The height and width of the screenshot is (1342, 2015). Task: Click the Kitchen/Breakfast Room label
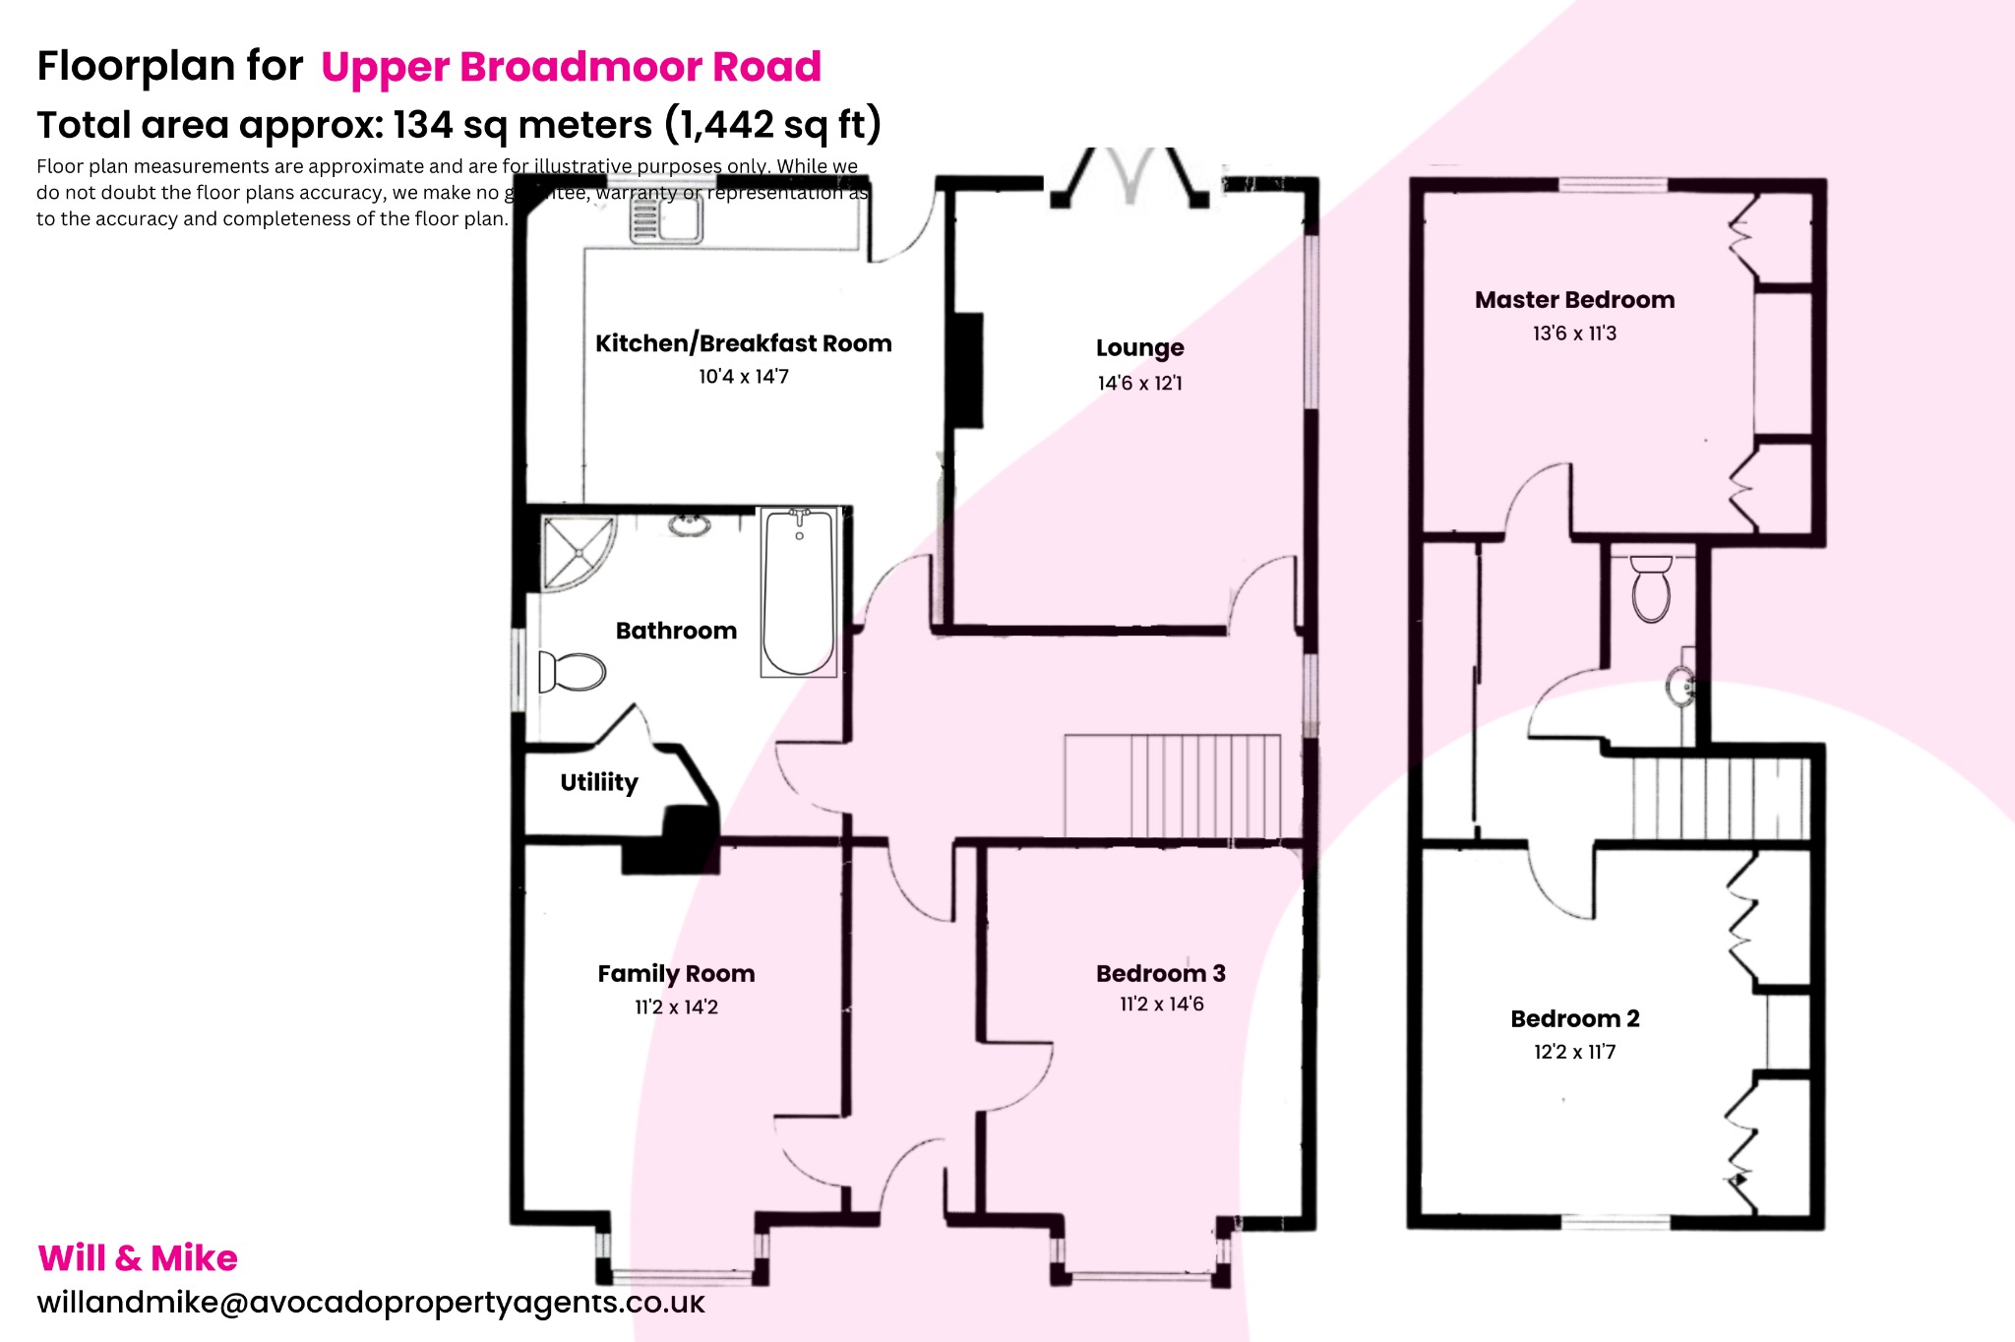tap(743, 343)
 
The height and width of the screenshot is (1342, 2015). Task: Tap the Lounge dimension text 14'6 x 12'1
tap(1139, 383)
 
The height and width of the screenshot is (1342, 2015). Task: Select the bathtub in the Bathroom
tap(799, 592)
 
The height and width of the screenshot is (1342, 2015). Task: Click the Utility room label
tap(598, 782)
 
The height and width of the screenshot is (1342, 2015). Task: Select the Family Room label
tap(676, 974)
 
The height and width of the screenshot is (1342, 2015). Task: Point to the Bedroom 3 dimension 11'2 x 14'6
tap(1161, 1005)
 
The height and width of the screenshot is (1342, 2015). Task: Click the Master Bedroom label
tap(1574, 300)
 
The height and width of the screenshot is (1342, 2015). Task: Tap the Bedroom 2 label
tap(1574, 1019)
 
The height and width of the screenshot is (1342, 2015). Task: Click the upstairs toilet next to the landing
tap(1651, 588)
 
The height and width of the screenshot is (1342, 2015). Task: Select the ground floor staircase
tap(1172, 786)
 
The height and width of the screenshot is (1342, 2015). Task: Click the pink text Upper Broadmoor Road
tap(571, 67)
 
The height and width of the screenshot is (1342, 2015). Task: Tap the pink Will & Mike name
tap(138, 1258)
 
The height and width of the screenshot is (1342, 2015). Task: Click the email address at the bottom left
tap(371, 1303)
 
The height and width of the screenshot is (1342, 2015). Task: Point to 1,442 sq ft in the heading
tap(772, 125)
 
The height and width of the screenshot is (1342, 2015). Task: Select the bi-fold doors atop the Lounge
tap(1130, 177)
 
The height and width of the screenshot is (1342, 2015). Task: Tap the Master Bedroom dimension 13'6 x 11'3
tap(1574, 334)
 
